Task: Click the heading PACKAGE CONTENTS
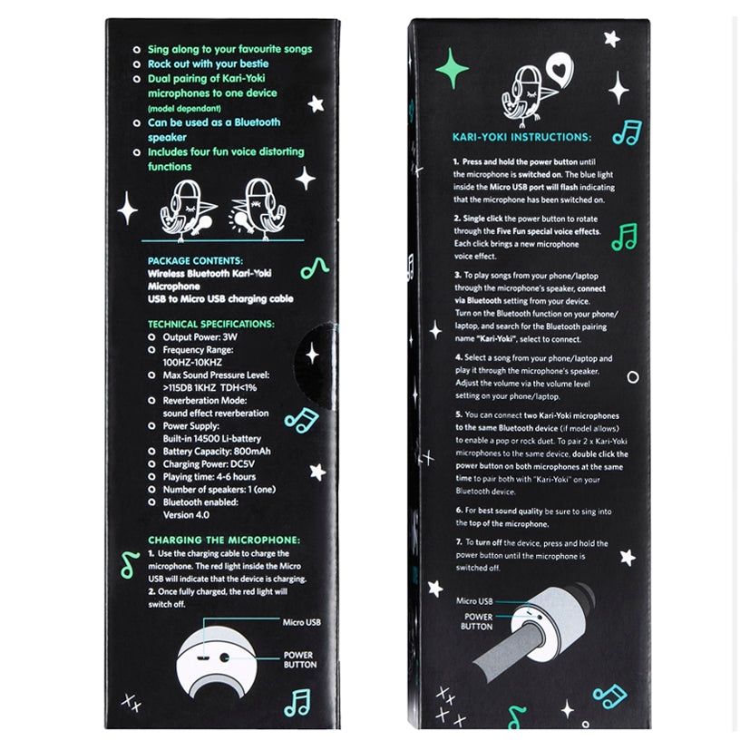[195, 260]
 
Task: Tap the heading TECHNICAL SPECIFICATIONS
[211, 324]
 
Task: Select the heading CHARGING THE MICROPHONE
[224, 540]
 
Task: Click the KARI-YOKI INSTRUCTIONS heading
[521, 137]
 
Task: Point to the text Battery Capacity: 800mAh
[217, 451]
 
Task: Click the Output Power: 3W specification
[200, 336]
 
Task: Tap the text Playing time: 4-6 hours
[209, 476]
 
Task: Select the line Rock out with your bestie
[208, 63]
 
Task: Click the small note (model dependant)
[184, 109]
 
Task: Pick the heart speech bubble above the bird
[560, 69]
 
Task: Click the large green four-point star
[452, 68]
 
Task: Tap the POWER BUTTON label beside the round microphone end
[300, 659]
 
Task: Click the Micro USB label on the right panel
[474, 600]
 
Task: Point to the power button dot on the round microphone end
[224, 657]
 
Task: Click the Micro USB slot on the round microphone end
[203, 657]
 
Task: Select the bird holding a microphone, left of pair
[187, 210]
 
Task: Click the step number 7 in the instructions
[459, 542]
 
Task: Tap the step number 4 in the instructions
[459, 357]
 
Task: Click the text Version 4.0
[186, 515]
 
